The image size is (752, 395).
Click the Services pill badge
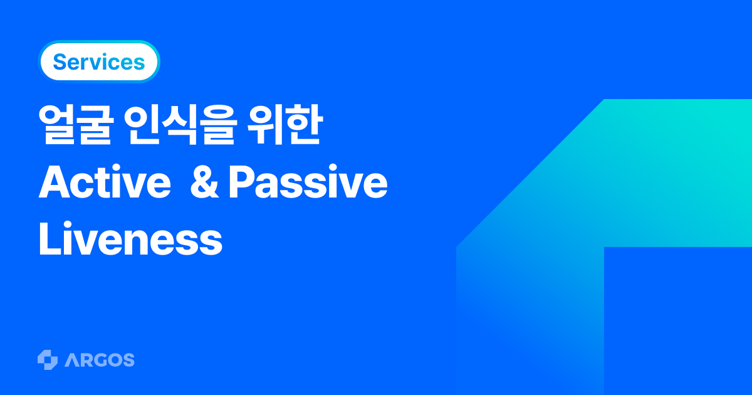[99, 61]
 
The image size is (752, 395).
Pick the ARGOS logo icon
[48, 360]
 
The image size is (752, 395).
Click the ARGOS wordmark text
[99, 360]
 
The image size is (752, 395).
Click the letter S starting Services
[60, 62]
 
